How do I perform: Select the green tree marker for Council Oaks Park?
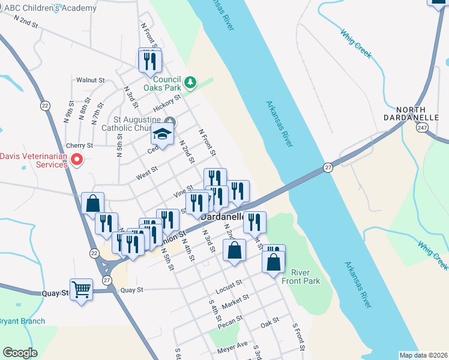point(190,82)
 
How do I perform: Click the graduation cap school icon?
point(161,135)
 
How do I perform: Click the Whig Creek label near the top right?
point(356,43)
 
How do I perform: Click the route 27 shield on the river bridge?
point(327,167)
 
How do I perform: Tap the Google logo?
point(20,353)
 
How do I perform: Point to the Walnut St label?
point(91,80)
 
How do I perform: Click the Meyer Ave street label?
point(234,345)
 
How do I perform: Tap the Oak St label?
point(270,323)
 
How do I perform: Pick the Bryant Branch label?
point(22,321)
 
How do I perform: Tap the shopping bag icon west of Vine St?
point(93,203)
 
